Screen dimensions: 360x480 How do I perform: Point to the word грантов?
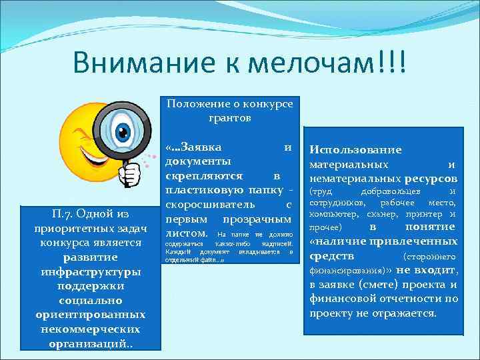(x=229, y=118)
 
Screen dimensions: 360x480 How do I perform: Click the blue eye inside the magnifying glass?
(x=123, y=132)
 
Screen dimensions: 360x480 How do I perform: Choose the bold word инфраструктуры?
(x=90, y=272)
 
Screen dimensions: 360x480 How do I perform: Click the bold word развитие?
(x=90, y=257)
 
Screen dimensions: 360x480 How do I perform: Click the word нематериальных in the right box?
(x=355, y=179)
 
